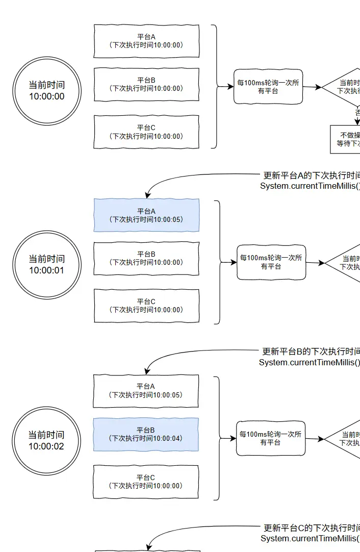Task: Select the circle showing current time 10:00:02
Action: [x=47, y=440]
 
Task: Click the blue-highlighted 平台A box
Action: [x=146, y=215]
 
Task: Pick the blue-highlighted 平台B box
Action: [x=146, y=434]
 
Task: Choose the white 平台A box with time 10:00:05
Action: [x=146, y=391]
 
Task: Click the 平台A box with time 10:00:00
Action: [x=146, y=41]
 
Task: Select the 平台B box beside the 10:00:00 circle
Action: [x=146, y=84]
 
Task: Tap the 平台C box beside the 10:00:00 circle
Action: [x=146, y=132]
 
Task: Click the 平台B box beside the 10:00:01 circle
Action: [x=146, y=258]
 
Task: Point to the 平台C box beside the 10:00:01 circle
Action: [x=146, y=306]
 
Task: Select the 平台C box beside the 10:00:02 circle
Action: [x=146, y=482]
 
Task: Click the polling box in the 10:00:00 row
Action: [x=268, y=87]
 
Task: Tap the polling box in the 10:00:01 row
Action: [x=271, y=262]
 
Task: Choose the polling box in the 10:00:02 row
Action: [x=271, y=438]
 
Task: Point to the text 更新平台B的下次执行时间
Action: [x=311, y=352]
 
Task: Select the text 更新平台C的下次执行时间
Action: [x=311, y=528]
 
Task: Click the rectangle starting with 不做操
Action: [x=346, y=139]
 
